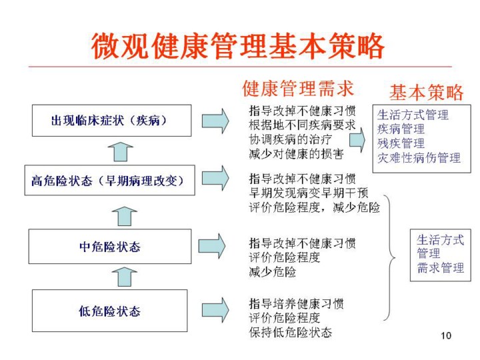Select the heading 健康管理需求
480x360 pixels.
pos(297,88)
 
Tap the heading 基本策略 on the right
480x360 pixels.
pos(426,91)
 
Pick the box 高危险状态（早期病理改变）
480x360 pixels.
pos(111,181)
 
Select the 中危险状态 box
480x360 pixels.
pos(110,247)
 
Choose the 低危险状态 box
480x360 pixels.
pos(110,311)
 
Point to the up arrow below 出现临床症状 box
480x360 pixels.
pos(120,151)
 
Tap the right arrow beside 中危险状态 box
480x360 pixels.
pos(213,245)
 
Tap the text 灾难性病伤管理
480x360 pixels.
pos(419,158)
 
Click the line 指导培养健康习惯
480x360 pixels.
pos(297,303)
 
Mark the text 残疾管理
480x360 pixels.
pos(401,143)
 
